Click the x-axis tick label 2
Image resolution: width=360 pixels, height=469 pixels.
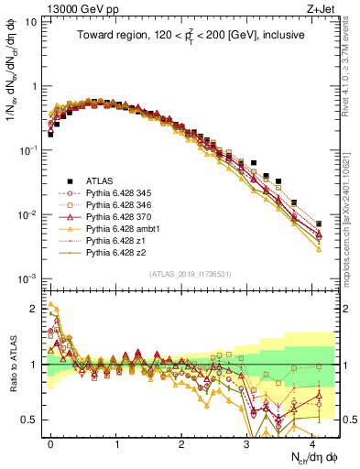(181, 442)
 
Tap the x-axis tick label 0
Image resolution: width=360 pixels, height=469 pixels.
(51, 442)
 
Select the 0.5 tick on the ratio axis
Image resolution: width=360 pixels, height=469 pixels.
(33, 420)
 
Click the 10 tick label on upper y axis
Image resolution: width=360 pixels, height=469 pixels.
(31, 22)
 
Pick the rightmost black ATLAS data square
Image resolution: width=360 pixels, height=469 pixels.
(319, 224)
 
